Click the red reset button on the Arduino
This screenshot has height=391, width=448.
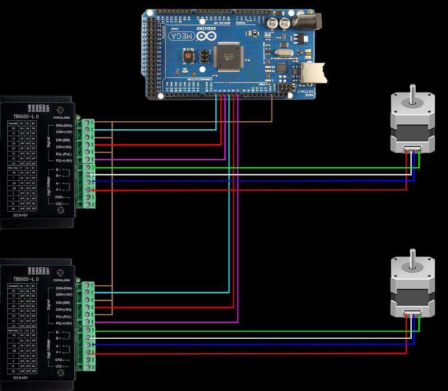click(x=189, y=56)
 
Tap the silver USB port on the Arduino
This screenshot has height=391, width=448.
click(x=313, y=73)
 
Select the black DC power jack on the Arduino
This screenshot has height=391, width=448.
click(x=310, y=21)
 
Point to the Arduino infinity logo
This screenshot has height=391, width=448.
click(x=207, y=34)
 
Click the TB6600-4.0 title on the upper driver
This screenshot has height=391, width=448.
click(x=26, y=116)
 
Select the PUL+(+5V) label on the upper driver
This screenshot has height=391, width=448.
click(x=61, y=161)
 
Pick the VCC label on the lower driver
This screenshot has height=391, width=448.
click(x=59, y=366)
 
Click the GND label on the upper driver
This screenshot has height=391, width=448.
click(x=59, y=197)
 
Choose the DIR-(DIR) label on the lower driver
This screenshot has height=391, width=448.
click(x=61, y=303)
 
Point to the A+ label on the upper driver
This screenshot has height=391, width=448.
click(x=58, y=190)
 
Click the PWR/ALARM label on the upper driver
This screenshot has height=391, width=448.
click(x=62, y=118)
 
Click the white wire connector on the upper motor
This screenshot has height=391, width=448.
click(x=413, y=150)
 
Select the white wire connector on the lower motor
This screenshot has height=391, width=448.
click(x=413, y=314)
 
